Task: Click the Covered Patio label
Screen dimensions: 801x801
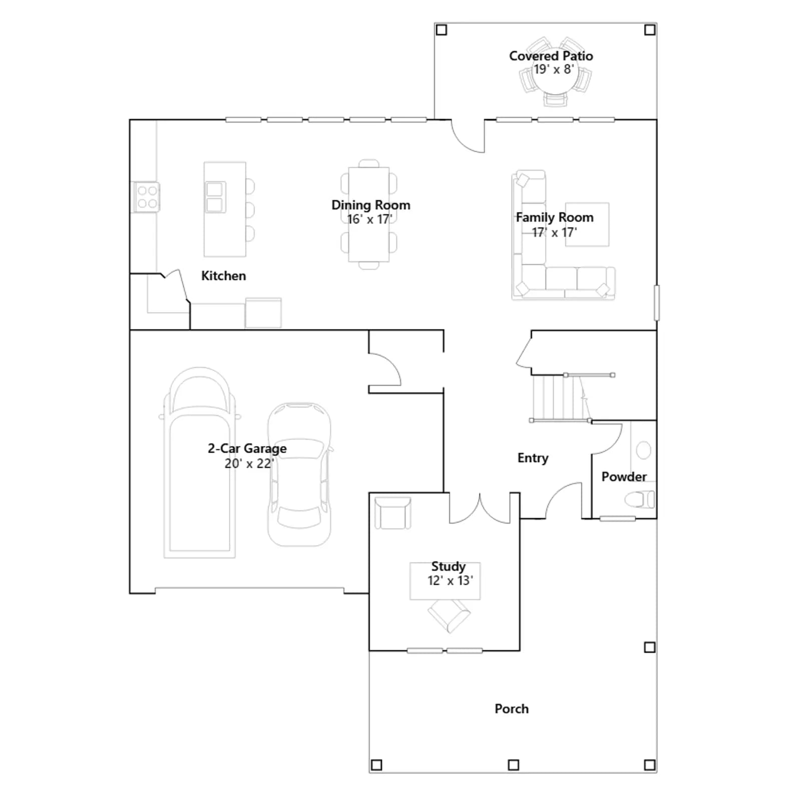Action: point(551,56)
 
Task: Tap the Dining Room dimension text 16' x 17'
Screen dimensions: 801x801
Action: point(369,219)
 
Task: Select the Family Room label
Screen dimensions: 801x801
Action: point(555,217)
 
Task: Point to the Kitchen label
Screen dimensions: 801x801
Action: point(223,276)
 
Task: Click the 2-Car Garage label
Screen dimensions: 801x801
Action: point(247,449)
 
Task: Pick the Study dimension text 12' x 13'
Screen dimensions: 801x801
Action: point(450,581)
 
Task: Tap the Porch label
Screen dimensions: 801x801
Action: point(512,709)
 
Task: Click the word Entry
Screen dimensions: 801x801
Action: point(533,458)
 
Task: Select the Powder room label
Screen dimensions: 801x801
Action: point(624,477)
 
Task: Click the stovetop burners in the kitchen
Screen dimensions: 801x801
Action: point(147,197)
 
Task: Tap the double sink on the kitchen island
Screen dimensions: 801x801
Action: point(215,197)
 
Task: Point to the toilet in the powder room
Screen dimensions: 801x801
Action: point(639,499)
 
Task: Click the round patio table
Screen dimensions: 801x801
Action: point(555,80)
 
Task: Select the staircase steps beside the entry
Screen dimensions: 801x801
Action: point(560,398)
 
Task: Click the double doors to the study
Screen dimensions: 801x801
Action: point(480,508)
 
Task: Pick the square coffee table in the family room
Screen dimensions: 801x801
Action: point(587,224)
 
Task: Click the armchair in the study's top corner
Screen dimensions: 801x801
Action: point(393,513)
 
